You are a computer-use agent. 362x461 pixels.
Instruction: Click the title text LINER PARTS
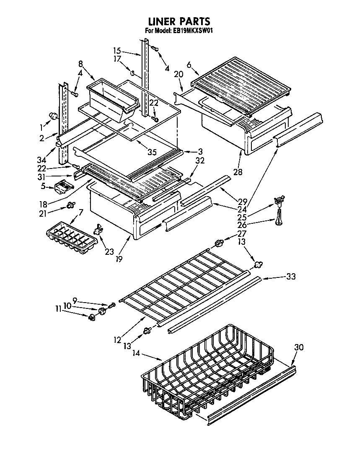coord(179,21)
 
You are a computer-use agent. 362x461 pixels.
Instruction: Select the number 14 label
coord(136,353)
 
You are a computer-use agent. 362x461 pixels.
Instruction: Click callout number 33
coord(290,276)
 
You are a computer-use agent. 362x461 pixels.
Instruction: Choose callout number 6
coord(189,65)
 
